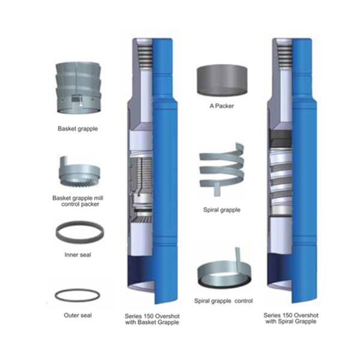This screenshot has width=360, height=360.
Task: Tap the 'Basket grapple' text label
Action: point(77,128)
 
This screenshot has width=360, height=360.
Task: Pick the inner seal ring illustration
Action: point(77,232)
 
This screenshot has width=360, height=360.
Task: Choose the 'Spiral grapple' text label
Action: point(222,211)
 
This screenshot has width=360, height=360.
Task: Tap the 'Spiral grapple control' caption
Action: point(222,300)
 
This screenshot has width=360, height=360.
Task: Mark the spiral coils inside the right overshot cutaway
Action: point(280,175)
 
